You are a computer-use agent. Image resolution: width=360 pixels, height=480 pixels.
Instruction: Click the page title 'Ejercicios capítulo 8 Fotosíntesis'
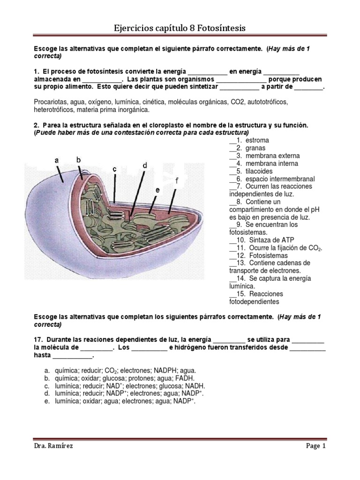click(180, 29)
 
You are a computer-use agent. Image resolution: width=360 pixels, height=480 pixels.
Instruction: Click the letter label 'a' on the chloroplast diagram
click(57, 160)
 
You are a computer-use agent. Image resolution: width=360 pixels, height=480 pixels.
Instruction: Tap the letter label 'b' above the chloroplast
click(79, 160)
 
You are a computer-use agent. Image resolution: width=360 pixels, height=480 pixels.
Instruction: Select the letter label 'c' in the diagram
click(114, 169)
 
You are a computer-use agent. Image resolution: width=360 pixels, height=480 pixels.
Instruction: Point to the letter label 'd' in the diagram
click(145, 165)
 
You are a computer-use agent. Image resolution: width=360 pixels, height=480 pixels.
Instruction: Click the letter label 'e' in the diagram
click(158, 190)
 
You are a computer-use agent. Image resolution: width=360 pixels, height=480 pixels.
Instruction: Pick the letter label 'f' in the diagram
click(177, 180)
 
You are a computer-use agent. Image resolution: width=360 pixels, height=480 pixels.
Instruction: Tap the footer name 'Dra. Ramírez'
click(53, 446)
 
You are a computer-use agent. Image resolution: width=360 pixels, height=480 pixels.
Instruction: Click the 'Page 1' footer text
click(315, 446)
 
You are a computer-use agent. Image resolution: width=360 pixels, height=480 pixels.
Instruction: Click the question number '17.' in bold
click(39, 339)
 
